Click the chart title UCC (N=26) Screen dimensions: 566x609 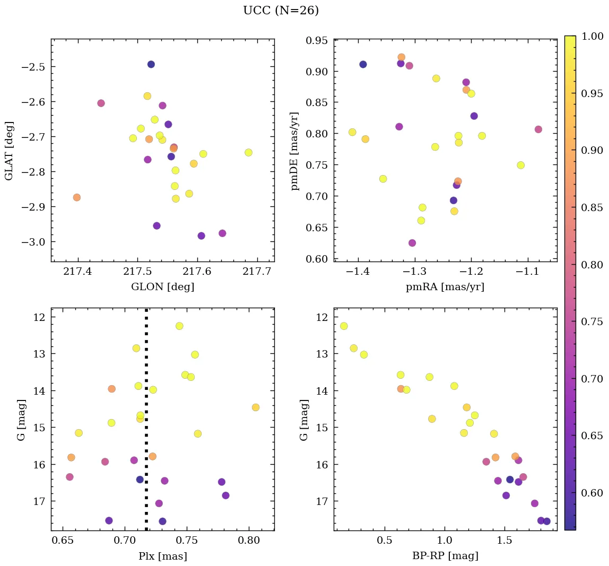click(x=281, y=11)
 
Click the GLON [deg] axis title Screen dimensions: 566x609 click(x=162, y=287)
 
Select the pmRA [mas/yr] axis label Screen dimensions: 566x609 click(x=445, y=287)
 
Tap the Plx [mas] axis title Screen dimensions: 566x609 click(x=162, y=556)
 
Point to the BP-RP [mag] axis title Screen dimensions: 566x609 click(x=445, y=556)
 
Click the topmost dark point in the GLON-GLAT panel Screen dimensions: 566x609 click(x=151, y=64)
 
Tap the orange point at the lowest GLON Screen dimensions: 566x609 click(x=77, y=197)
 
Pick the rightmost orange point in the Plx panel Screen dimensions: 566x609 click(x=256, y=407)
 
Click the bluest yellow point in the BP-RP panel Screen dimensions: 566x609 click(x=344, y=326)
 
